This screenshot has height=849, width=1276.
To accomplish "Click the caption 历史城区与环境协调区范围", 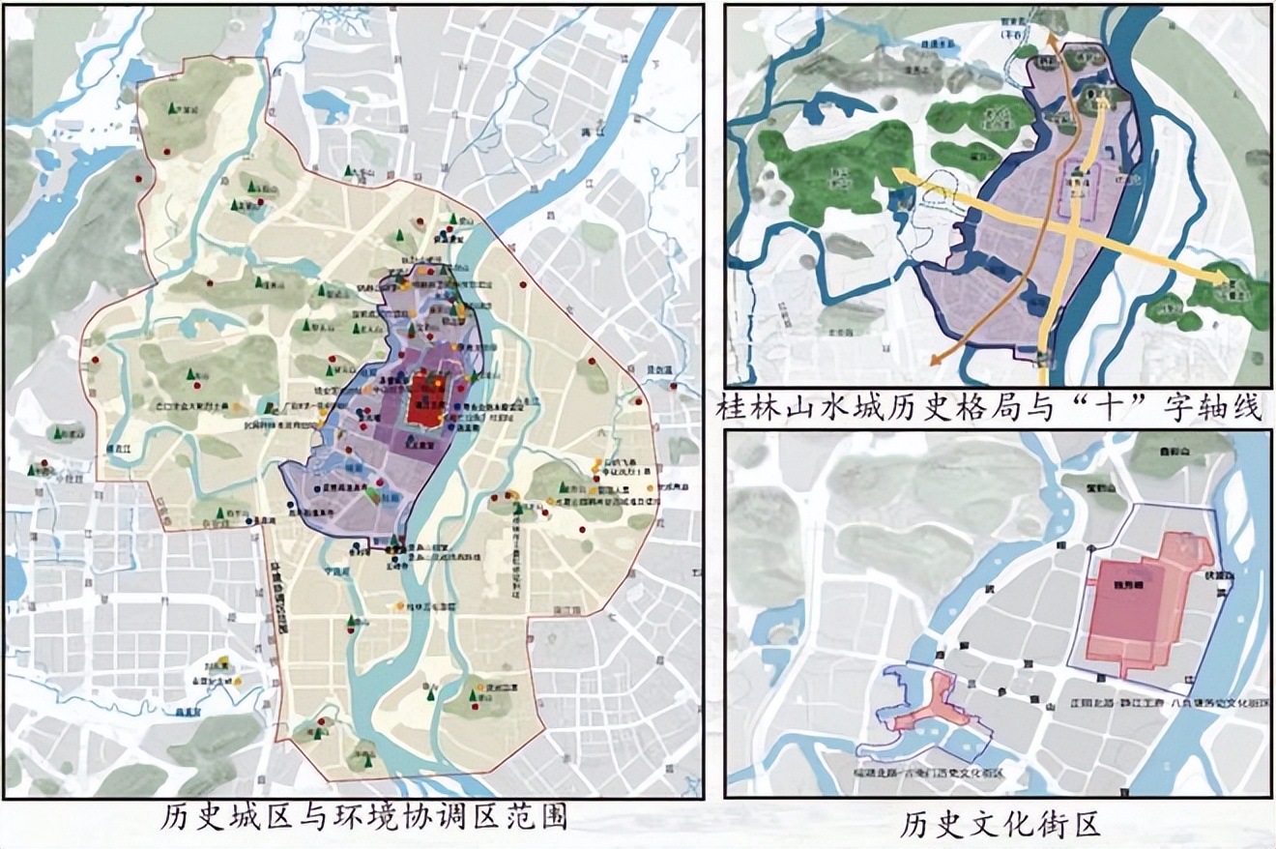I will tap(362, 820).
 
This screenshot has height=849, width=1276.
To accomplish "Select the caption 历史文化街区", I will tap(1000, 825).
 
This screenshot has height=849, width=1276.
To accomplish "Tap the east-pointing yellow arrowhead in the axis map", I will tap(1233, 278).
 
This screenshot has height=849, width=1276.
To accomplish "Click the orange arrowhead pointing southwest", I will tap(932, 362).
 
